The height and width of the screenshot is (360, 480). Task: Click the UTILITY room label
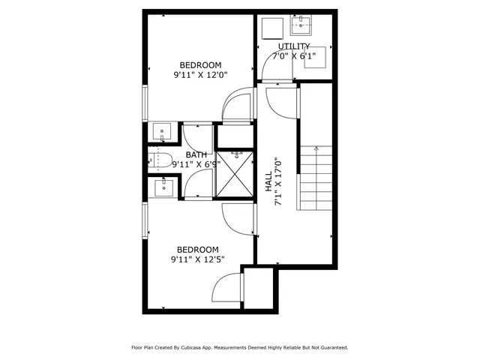(x=294, y=46)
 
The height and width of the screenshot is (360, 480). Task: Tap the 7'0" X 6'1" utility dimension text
(x=294, y=56)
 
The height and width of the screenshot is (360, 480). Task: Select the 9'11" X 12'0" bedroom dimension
(x=199, y=74)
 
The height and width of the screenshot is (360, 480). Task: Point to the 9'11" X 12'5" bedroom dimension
(x=198, y=259)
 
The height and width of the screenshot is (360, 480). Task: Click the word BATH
(x=196, y=155)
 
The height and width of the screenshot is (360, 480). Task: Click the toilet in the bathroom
(x=155, y=159)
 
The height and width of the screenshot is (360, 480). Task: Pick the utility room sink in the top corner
(x=302, y=25)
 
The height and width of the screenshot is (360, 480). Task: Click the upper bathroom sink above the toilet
(x=162, y=132)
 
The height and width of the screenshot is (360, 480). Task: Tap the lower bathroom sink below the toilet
(x=162, y=187)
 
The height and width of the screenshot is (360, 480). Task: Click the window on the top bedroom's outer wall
(x=144, y=103)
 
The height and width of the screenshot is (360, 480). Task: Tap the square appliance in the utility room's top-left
(x=270, y=27)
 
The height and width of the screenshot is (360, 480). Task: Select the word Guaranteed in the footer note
(x=331, y=348)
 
